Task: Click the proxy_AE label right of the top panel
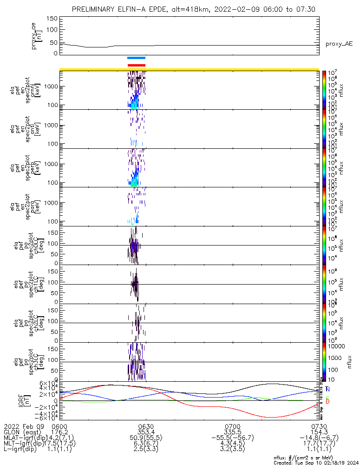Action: tap(339, 44)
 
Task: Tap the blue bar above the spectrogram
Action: tap(136, 58)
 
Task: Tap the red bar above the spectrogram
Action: tap(136, 65)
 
